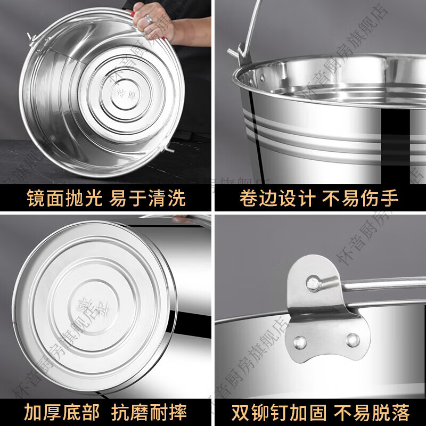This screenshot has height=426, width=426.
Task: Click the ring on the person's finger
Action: pyautogui.click(x=149, y=19)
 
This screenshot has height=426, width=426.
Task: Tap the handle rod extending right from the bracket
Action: pyautogui.click(x=383, y=283)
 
